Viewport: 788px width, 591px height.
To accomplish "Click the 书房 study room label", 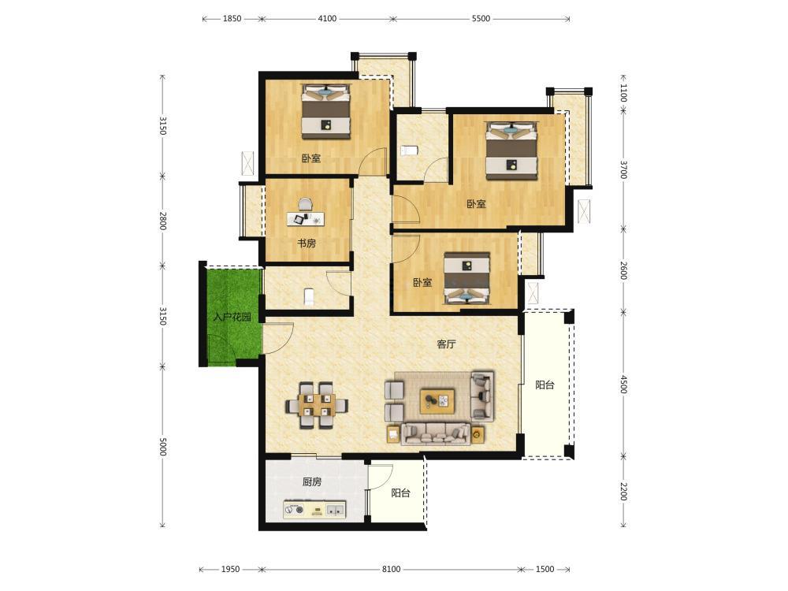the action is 307,243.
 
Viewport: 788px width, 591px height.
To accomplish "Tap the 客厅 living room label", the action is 446,344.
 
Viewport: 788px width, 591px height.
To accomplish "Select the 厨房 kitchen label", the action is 312,482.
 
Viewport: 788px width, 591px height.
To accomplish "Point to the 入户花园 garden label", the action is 232,317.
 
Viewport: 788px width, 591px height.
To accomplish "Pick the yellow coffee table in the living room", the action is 437,400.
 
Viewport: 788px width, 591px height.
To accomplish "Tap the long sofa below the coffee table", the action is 435,433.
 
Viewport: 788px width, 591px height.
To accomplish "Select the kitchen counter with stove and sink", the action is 314,510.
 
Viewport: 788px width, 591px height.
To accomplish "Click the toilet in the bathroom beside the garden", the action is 310,296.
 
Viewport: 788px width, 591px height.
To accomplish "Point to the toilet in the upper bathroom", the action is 410,151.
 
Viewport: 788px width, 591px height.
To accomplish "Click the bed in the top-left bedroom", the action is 325,112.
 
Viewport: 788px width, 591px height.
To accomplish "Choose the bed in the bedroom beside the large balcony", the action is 466,279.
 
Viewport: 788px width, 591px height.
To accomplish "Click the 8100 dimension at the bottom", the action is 391,570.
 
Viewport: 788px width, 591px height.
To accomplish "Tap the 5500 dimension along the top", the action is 481,19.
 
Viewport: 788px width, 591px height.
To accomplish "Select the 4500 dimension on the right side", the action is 623,385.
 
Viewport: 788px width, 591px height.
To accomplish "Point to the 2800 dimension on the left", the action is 162,221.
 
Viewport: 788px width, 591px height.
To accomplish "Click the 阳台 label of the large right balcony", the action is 545,385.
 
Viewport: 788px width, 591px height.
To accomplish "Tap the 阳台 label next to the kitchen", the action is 400,493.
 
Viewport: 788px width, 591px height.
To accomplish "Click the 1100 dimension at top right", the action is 623,93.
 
